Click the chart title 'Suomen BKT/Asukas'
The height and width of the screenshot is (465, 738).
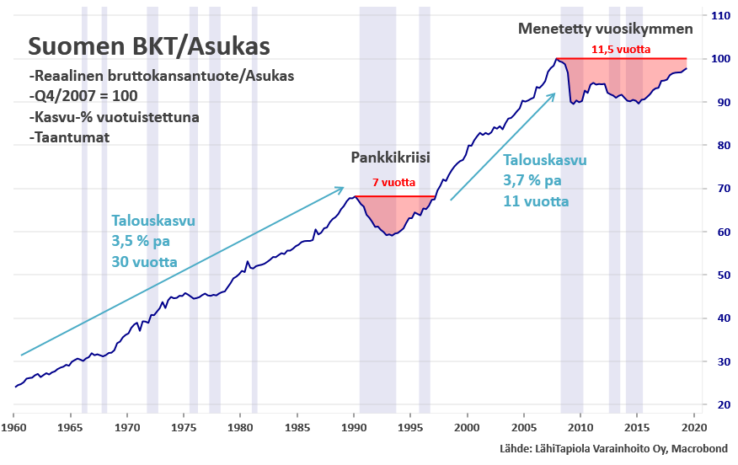(150, 45)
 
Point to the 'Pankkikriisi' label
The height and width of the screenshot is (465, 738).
(392, 158)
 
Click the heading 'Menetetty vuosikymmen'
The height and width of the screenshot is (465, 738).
(606, 29)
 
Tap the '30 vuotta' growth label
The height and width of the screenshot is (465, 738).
(144, 262)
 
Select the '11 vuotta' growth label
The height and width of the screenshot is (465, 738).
(535, 201)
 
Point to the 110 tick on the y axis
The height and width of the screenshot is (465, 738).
(720, 15)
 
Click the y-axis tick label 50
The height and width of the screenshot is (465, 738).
(720, 275)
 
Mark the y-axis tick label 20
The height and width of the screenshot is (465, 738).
(720, 404)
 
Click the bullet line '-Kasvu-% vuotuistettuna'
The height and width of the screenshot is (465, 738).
(114, 117)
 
